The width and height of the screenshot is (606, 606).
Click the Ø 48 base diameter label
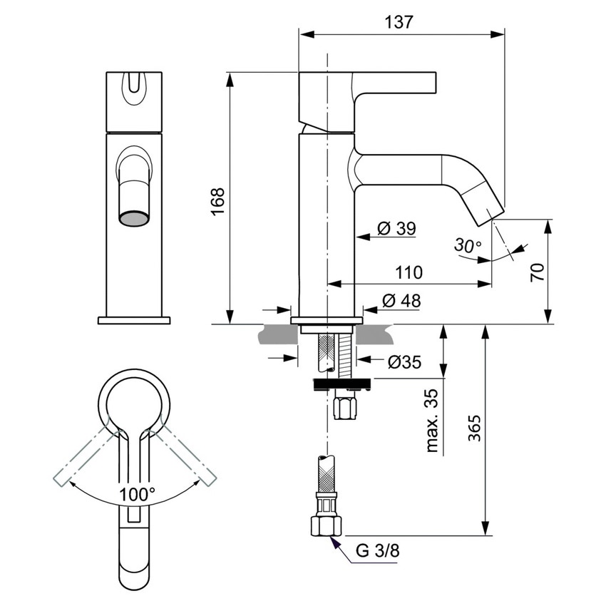401,301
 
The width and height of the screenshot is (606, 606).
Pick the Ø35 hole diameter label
404,363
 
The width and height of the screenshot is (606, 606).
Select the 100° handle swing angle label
137,493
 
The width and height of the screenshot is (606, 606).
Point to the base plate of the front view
134,320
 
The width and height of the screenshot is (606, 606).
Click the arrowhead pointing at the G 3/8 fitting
332,542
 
